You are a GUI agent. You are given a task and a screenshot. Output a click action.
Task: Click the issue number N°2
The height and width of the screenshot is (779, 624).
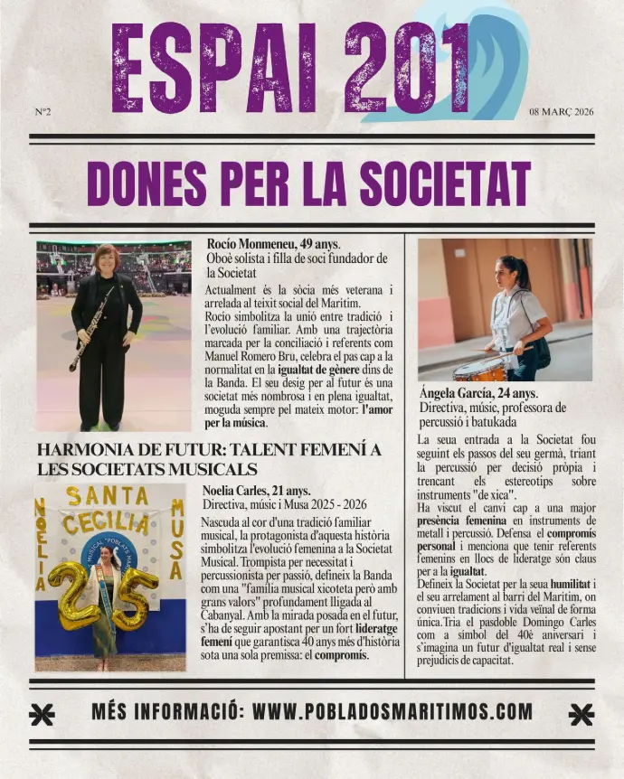(x=43, y=112)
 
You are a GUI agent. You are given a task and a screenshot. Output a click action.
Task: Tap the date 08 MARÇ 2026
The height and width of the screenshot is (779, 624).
(x=562, y=112)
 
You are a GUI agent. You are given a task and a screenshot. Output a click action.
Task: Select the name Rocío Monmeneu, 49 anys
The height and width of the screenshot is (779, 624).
(x=273, y=244)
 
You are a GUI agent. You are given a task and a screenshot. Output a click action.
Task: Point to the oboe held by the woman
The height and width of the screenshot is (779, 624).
(x=90, y=330)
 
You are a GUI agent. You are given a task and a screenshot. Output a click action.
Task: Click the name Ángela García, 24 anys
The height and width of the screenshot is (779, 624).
(x=478, y=393)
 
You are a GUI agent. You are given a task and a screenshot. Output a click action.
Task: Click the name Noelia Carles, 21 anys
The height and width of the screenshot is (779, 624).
(x=256, y=491)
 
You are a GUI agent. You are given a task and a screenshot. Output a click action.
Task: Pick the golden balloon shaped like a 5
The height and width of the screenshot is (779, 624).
(x=134, y=597)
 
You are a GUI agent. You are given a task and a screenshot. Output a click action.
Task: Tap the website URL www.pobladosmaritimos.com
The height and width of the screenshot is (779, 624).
(x=392, y=712)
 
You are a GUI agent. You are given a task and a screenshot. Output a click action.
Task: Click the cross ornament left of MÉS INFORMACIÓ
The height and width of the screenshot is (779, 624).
(x=42, y=714)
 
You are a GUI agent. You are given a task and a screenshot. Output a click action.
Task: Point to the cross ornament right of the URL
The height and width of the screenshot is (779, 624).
(x=581, y=714)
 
